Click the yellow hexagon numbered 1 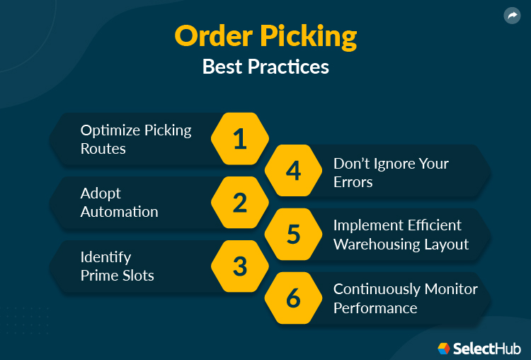tap(240, 138)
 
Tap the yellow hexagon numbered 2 tap(240, 203)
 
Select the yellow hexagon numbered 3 tap(240, 266)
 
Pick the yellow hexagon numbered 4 tap(293, 171)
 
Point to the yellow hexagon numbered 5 tap(293, 235)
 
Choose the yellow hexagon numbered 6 tap(293, 298)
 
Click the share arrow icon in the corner tap(512, 16)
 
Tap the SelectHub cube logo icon tap(444, 348)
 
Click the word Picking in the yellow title tap(312, 37)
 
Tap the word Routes tap(103, 148)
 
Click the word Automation tap(119, 211)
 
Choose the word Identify tap(105, 257)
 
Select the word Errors tap(353, 181)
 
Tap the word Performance tap(375, 308)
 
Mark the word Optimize tap(110, 130)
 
